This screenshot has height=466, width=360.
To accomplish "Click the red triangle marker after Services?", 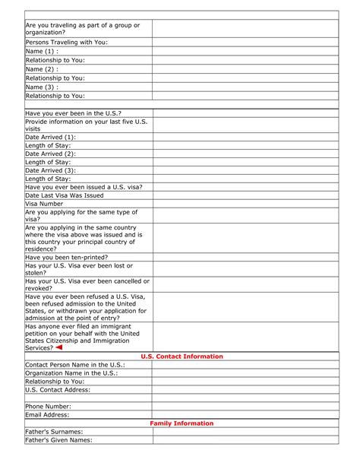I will click(59, 347).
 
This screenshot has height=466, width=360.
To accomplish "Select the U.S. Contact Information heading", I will click(182, 357).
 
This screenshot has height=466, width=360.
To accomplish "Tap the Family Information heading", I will click(182, 423).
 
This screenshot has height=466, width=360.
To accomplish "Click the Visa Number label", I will click(44, 204).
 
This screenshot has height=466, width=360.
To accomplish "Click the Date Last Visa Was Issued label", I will click(65, 195).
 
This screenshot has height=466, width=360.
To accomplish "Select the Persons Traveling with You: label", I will click(67, 43).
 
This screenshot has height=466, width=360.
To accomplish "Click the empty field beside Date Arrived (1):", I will click(245, 137).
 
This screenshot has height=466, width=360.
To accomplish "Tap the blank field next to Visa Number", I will click(245, 204).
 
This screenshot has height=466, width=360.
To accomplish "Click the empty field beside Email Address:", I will click(245, 415).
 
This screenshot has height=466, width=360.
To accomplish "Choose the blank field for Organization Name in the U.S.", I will click(245, 373).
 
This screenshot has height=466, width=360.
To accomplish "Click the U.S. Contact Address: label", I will click(58, 390).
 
